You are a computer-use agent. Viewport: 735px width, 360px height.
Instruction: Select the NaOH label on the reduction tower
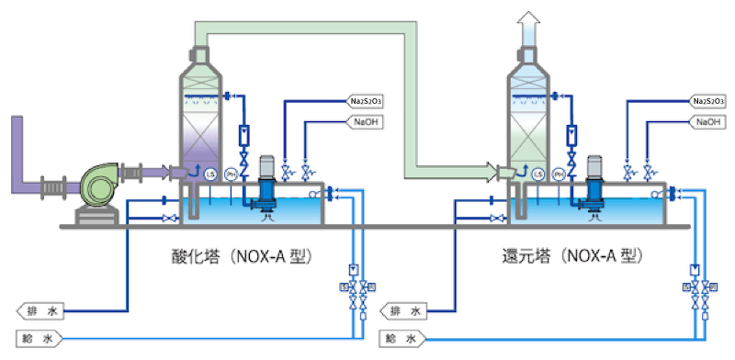coord(707,121)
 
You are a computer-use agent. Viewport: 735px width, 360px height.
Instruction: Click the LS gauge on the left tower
coord(209,173)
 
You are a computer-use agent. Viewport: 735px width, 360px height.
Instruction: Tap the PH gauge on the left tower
coord(232,173)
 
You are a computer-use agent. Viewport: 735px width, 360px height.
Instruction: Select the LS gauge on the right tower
coord(534,173)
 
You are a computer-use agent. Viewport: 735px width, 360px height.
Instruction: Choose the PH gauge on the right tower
coord(556,173)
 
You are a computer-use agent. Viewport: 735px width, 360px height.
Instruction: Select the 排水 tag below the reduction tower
coord(404,310)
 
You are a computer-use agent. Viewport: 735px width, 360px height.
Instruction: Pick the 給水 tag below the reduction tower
coord(404,338)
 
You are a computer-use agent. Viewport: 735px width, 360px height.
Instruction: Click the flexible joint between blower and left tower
coord(150,171)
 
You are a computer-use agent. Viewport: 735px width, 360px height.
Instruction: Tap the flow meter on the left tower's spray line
coord(243,135)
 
